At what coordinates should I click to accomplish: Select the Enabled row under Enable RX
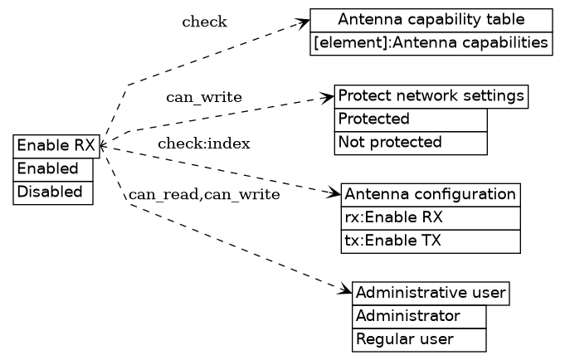click(53, 169)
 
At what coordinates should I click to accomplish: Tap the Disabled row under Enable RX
click(53, 192)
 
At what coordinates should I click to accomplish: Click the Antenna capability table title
click(431, 20)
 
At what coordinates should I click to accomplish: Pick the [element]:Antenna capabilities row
click(431, 43)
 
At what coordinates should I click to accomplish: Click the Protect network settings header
click(431, 96)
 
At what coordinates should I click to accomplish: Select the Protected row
click(410, 119)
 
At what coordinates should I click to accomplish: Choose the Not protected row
click(410, 143)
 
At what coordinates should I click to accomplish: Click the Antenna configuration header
click(430, 195)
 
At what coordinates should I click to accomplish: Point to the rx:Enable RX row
click(430, 218)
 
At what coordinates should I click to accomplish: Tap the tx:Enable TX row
click(430, 241)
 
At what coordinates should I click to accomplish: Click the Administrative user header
click(430, 294)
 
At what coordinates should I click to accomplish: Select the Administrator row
click(418, 317)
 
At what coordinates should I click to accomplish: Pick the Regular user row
click(418, 340)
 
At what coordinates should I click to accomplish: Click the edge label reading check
click(204, 22)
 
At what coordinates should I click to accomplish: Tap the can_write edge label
click(204, 98)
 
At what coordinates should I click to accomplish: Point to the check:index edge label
click(204, 144)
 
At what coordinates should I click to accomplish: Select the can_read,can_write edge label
click(203, 195)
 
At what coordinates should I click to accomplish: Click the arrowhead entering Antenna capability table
click(304, 22)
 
